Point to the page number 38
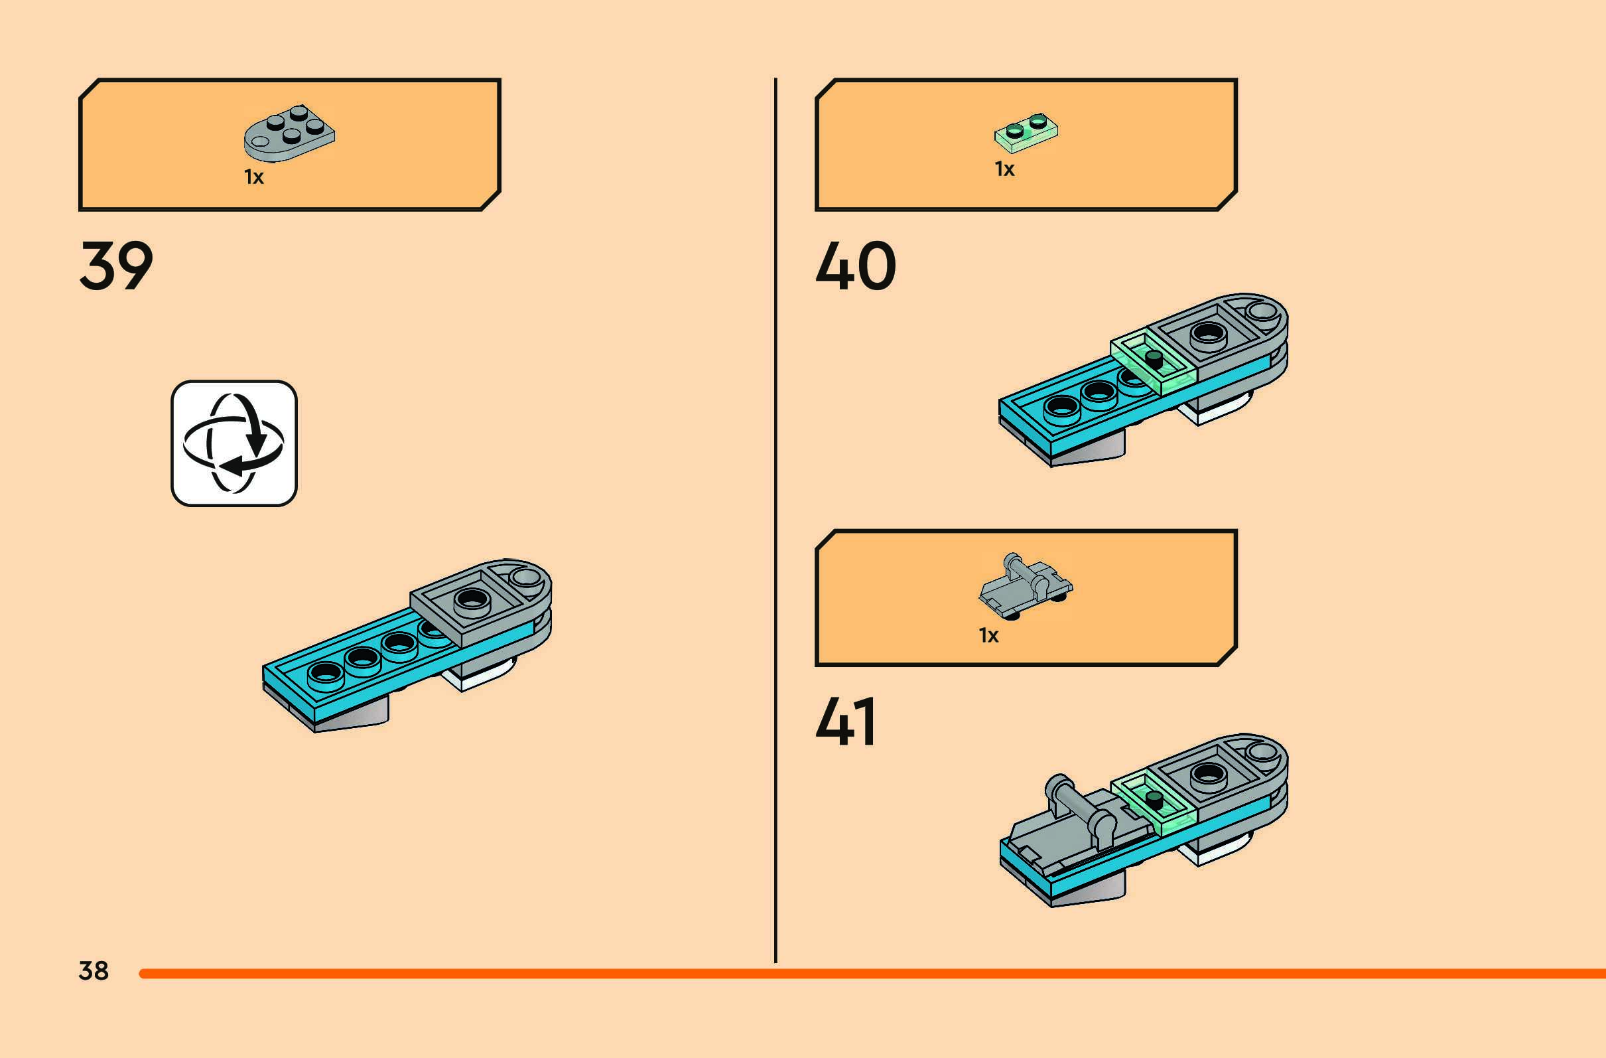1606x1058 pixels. point(93,970)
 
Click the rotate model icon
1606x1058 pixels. point(234,443)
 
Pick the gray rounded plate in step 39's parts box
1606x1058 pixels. point(289,133)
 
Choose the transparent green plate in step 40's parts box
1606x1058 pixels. point(1026,129)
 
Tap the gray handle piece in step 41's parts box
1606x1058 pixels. point(1025,585)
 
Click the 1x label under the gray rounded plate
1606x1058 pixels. point(253,178)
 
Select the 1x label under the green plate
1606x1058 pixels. point(1004,169)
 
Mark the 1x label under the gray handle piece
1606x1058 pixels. point(988,635)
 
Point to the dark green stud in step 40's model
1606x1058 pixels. point(1154,358)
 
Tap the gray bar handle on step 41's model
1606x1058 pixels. point(1079,805)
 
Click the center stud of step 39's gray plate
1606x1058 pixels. point(472,599)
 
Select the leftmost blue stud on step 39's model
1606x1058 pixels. point(324,673)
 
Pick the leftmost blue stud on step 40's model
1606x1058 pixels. point(1061,407)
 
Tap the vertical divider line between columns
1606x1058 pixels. point(775,520)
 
